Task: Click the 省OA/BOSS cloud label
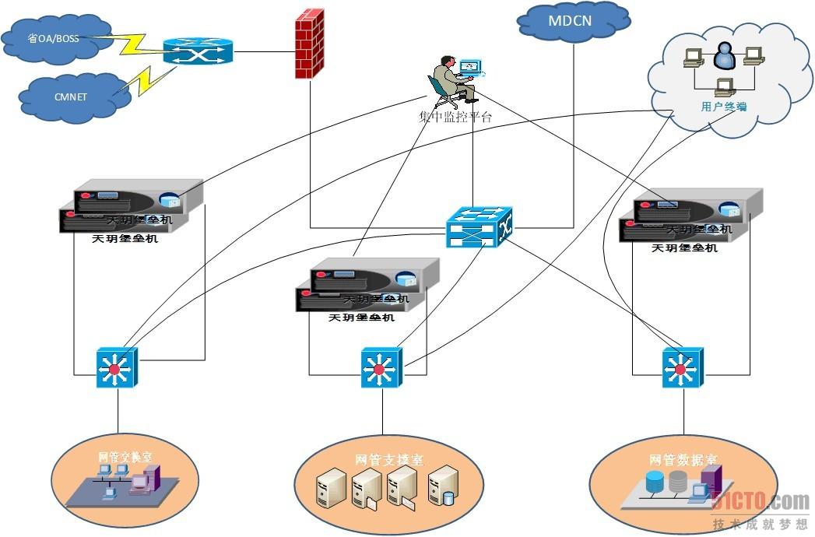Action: (53, 37)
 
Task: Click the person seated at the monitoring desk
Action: (449, 79)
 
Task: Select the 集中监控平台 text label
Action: (455, 118)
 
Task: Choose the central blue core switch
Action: (479, 226)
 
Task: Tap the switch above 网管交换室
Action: (117, 367)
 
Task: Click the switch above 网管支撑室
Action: (381, 367)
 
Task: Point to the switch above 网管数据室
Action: (683, 367)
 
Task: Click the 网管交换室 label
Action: (125, 457)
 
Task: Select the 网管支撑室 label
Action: (389, 460)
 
